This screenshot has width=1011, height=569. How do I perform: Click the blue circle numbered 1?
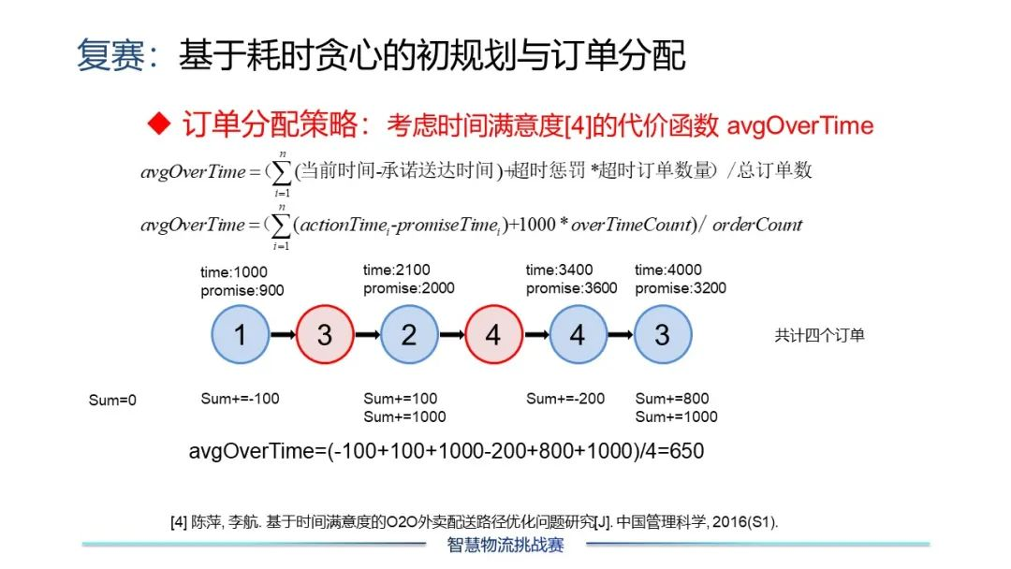[x=241, y=334]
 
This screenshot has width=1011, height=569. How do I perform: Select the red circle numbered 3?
[x=325, y=334]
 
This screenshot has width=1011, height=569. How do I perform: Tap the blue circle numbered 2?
[x=409, y=334]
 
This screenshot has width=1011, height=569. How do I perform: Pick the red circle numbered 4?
[x=493, y=334]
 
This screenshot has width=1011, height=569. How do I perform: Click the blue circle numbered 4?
[x=578, y=334]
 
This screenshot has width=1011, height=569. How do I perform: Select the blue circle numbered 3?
[x=662, y=334]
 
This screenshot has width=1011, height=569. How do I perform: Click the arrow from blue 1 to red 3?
[x=283, y=334]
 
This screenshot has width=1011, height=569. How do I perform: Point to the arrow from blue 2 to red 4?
[x=451, y=334]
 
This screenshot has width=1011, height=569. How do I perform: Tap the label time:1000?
[x=234, y=272]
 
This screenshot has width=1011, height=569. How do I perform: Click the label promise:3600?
[x=571, y=288]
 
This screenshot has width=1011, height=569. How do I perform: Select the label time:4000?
[x=667, y=270]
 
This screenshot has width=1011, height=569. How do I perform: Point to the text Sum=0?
[x=112, y=401]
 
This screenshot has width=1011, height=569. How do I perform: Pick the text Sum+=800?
[x=672, y=399]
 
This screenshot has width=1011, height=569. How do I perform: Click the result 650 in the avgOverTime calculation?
[x=685, y=451]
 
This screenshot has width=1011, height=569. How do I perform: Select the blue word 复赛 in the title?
[x=111, y=55]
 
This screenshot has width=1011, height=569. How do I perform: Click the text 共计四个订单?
[x=819, y=335]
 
